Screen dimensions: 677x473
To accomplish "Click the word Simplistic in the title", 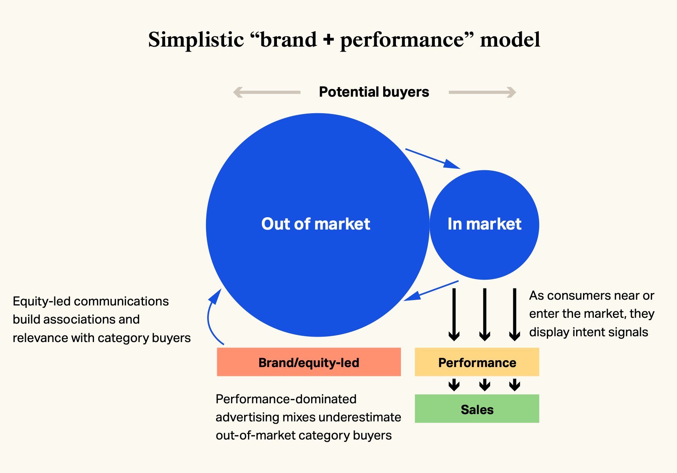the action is tap(196, 40).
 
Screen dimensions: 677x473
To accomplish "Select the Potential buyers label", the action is tap(374, 92).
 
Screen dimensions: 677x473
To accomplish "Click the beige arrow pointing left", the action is tap(267, 92).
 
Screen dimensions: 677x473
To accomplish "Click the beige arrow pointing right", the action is tap(483, 92).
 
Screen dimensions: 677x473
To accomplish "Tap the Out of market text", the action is tap(316, 224).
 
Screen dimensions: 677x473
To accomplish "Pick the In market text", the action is tap(484, 224).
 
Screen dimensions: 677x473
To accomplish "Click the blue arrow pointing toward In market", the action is tap(433, 159).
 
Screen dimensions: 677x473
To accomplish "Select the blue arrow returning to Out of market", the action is tap(431, 291).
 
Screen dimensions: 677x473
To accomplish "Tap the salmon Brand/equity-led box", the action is tap(309, 362).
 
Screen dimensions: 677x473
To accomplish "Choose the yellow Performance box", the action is tap(477, 362).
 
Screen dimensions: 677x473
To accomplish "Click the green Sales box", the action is tap(477, 409).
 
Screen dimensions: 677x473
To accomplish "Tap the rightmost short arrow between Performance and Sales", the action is tap(514, 385).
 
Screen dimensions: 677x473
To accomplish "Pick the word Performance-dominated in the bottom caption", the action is tap(286, 399).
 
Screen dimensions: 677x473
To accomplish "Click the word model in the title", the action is tap(510, 40).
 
